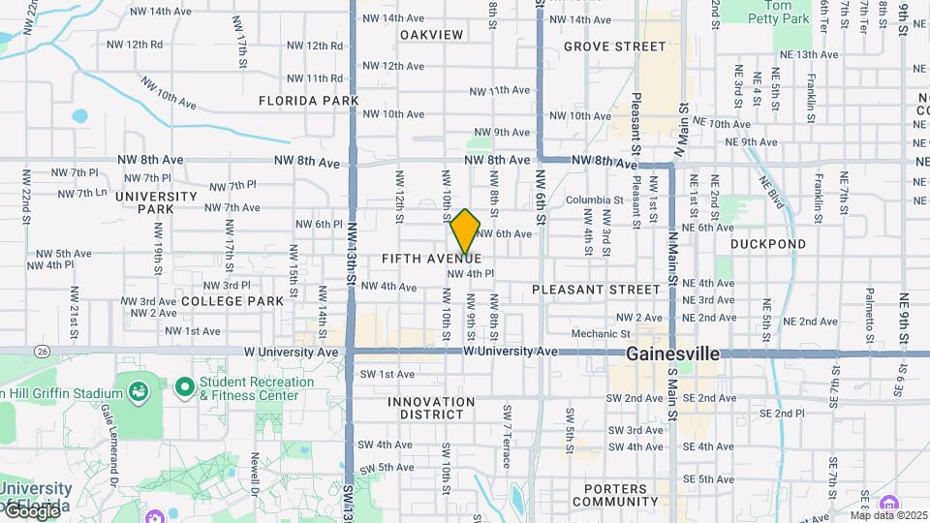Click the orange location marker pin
click(465, 231)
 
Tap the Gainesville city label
click(672, 354)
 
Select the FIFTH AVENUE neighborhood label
click(431, 259)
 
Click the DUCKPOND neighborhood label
click(767, 245)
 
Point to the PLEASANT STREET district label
click(597, 290)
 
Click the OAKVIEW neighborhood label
click(431, 35)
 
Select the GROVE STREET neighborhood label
click(614, 46)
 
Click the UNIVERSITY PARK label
click(156, 202)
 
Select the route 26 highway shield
click(42, 350)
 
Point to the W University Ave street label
click(511, 351)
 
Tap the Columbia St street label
click(593, 200)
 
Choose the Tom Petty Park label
click(780, 11)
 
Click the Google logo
click(31, 510)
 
